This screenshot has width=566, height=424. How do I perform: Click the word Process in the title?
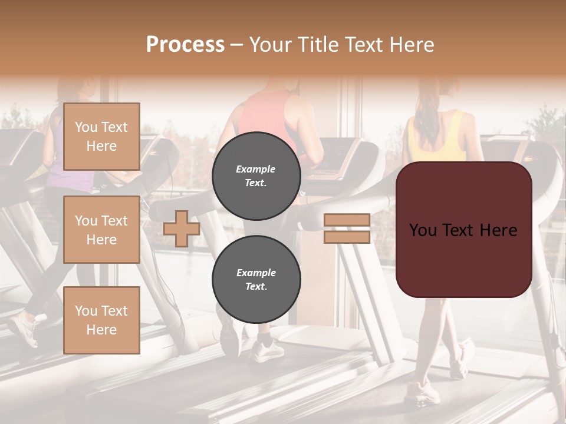185,45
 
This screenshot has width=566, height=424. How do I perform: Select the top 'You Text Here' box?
101,137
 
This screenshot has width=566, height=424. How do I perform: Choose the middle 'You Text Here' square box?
101,230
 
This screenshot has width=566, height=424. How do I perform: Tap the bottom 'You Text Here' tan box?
101,320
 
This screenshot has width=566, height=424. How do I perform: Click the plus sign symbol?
182,228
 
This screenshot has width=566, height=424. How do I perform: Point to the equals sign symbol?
347,228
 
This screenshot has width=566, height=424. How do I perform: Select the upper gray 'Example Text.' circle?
256,175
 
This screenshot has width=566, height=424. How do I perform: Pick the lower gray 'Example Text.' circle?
256,279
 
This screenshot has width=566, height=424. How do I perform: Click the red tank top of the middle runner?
265,118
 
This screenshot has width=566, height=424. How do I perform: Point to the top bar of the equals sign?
347,220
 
